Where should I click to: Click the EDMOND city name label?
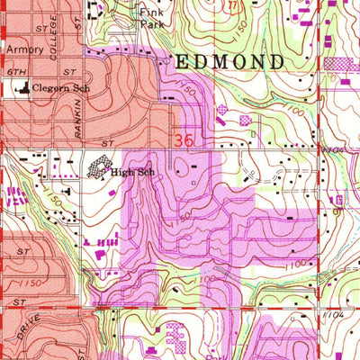[x=229, y=62]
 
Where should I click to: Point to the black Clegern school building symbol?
[x=21, y=88]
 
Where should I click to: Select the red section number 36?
[x=183, y=140]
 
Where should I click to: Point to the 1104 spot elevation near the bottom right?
[x=335, y=316]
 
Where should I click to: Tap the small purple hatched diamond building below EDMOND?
[x=222, y=110]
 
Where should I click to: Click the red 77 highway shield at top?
[x=236, y=5]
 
